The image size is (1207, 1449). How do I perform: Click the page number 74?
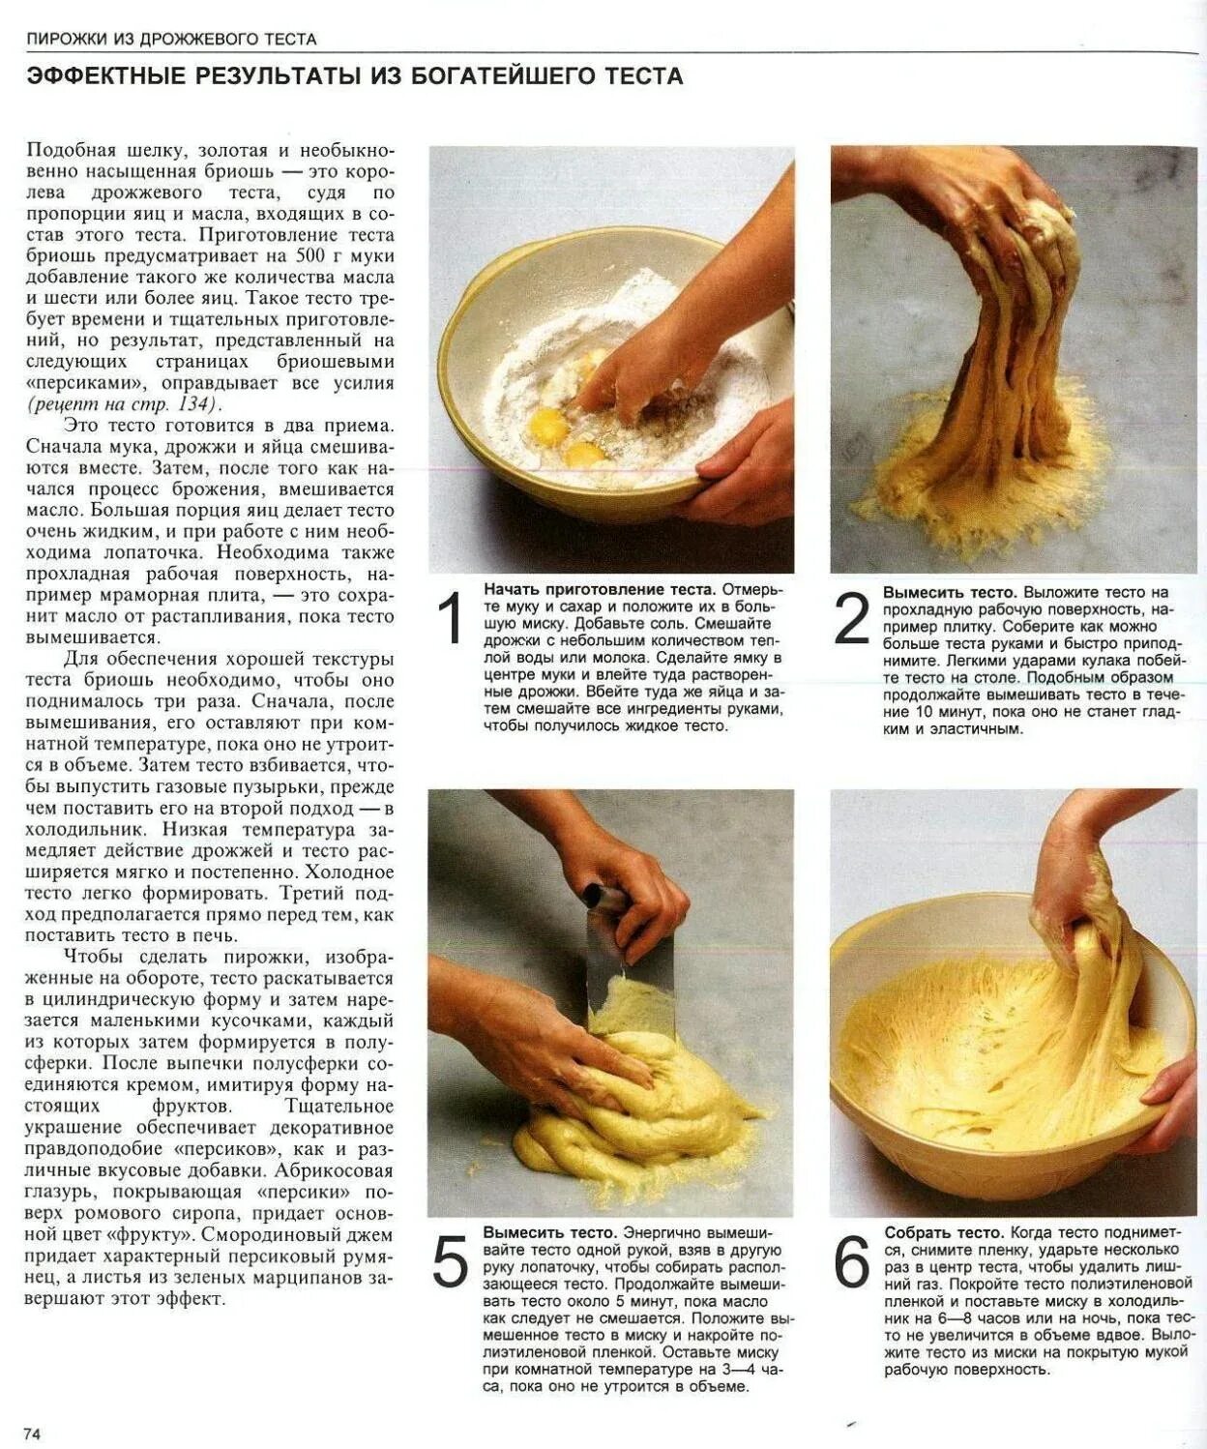[32, 1429]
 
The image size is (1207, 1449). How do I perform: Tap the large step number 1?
[452, 618]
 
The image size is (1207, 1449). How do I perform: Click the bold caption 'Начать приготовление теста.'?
[600, 589]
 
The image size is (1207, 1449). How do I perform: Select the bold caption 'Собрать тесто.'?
[944, 1232]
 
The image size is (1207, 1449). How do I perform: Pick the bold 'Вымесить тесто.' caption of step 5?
[549, 1232]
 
